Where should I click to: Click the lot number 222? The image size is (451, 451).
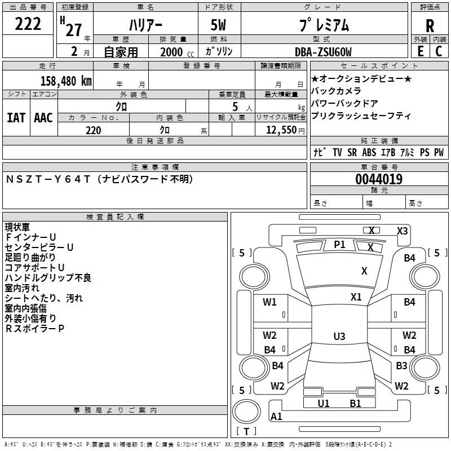pyautogui.click(x=28, y=25)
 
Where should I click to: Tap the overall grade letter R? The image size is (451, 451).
pyautogui.click(x=430, y=26)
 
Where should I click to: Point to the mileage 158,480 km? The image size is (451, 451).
pyautogui.click(x=66, y=81)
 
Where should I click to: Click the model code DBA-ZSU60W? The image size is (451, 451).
pyautogui.click(x=323, y=52)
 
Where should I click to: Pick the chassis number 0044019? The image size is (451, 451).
pyautogui.click(x=378, y=180)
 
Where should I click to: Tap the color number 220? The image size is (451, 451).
pyautogui.click(x=93, y=130)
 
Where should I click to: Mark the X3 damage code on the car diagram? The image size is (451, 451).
pyautogui.click(x=403, y=231)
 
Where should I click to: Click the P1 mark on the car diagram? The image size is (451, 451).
pyautogui.click(x=339, y=244)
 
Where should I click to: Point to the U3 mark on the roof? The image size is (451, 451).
pyautogui.click(x=339, y=337)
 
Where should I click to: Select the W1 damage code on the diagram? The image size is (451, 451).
pyautogui.click(x=269, y=302)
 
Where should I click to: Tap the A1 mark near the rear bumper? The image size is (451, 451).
pyautogui.click(x=276, y=417)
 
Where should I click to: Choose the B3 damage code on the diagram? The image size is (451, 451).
pyautogui.click(x=401, y=366)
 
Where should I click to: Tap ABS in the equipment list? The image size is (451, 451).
pyautogui.click(x=369, y=152)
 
